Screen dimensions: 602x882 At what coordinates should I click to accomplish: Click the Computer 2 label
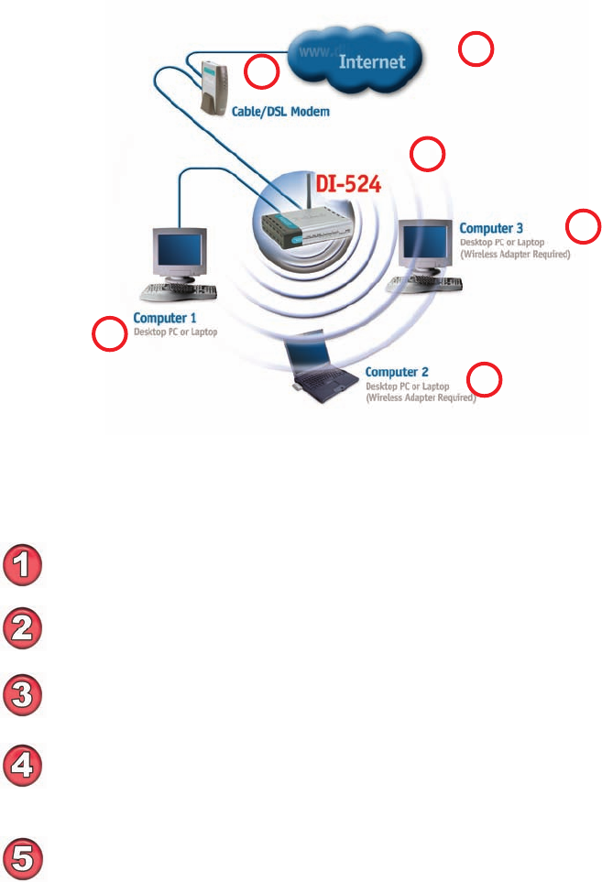[x=397, y=373]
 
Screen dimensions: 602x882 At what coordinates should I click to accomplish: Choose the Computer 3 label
[x=491, y=227]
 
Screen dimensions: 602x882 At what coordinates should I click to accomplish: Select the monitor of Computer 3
[x=424, y=243]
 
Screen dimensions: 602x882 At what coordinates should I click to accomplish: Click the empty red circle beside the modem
[x=261, y=71]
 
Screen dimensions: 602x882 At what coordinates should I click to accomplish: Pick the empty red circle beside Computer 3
[x=584, y=225]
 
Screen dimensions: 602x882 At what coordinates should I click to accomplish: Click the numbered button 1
[x=25, y=562]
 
